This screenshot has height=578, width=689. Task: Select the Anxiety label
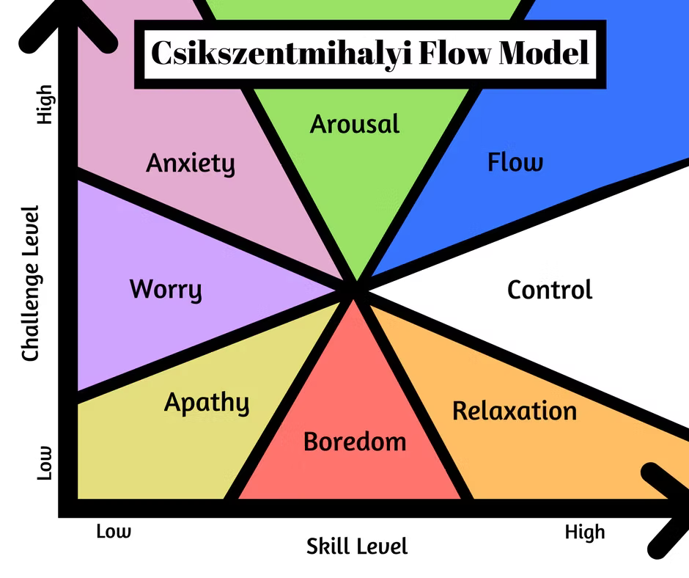pyautogui.click(x=191, y=163)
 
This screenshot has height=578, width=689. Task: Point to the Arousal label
pyautogui.click(x=355, y=123)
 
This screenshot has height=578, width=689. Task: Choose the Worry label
pyautogui.click(x=166, y=289)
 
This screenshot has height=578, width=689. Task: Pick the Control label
pyautogui.click(x=550, y=290)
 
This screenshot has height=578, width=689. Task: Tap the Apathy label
pyautogui.click(x=206, y=403)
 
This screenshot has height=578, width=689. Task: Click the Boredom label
pyautogui.click(x=355, y=442)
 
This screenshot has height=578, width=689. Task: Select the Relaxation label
pyautogui.click(x=515, y=411)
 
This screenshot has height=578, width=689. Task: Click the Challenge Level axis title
pyautogui.click(x=30, y=283)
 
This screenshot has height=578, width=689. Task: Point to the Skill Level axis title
pyautogui.click(x=357, y=546)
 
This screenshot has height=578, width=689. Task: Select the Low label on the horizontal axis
pyautogui.click(x=114, y=531)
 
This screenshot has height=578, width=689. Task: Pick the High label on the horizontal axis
pyautogui.click(x=585, y=531)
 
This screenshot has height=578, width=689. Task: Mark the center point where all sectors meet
pyautogui.click(x=356, y=289)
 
